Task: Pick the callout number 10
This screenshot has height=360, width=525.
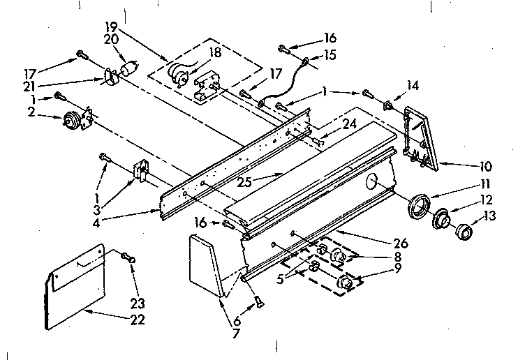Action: pos(485,167)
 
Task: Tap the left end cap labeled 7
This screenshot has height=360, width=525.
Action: pos(207,264)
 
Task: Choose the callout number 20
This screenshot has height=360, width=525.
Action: pos(111,40)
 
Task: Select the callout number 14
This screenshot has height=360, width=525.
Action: pos(413,85)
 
